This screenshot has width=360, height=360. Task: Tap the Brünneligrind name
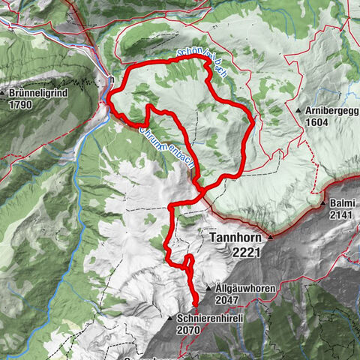[40, 94]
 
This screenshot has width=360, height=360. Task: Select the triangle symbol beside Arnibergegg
[298, 110]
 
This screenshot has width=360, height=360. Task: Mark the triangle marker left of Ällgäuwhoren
[208, 288]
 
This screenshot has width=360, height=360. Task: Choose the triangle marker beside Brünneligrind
[5, 95]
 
